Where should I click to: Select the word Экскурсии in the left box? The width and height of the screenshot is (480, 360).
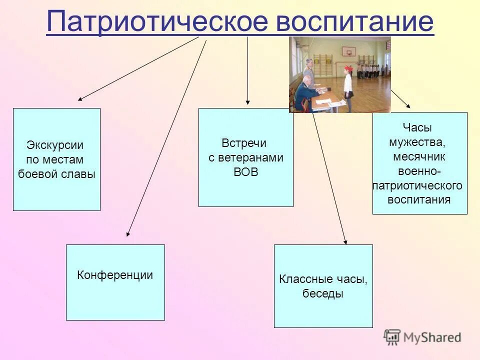pyautogui.click(x=55, y=145)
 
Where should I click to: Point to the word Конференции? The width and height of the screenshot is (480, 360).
pyautogui.click(x=115, y=275)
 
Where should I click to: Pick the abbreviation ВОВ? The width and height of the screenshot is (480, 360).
pyautogui.click(x=245, y=172)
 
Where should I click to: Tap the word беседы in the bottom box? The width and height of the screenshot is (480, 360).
pyautogui.click(x=323, y=293)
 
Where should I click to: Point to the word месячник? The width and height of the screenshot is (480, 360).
pyautogui.click(x=419, y=157)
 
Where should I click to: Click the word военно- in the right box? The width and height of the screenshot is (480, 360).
pyautogui.click(x=419, y=171)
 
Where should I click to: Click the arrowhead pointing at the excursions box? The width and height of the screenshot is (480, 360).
pyautogui.click(x=80, y=99)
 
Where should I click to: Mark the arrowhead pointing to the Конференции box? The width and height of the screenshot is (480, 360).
pyautogui.click(x=128, y=233)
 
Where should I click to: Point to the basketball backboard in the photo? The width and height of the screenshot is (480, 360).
pyautogui.click(x=348, y=50)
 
